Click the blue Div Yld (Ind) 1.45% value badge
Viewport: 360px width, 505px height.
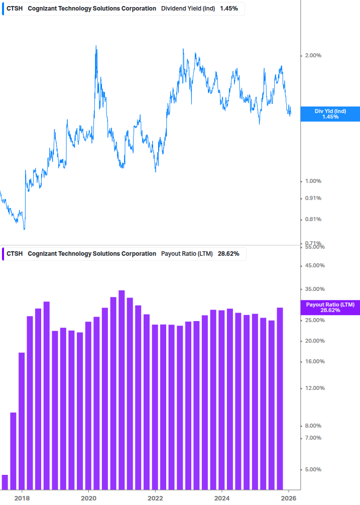(x=330, y=114)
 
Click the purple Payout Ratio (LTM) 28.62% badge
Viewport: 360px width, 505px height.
(x=330, y=308)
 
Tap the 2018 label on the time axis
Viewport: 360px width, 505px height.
(x=22, y=498)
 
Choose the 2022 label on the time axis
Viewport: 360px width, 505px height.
(x=156, y=498)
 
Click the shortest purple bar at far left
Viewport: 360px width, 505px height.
(x=5, y=482)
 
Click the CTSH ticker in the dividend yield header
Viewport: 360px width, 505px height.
(x=15, y=9)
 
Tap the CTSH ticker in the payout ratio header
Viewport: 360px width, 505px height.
(x=15, y=254)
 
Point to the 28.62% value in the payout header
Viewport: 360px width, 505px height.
(x=228, y=254)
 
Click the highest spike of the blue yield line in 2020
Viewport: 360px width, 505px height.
(x=96, y=47)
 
